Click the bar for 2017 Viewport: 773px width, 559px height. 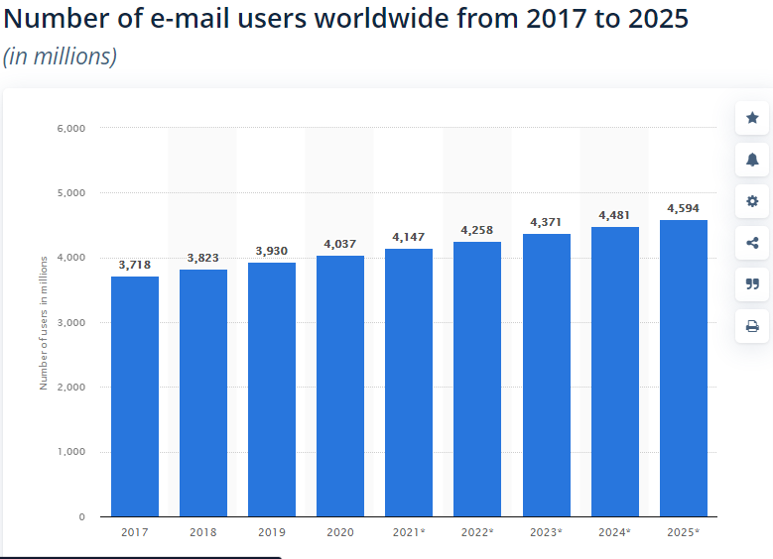tap(134, 396)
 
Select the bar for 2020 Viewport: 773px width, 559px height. tap(340, 387)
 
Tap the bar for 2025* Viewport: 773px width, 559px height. tap(684, 368)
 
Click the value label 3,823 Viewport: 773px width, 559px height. tap(202, 259)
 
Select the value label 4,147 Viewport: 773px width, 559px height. tap(409, 237)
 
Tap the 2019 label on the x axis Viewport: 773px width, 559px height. tap(271, 532)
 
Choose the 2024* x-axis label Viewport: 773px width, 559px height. tap(615, 532)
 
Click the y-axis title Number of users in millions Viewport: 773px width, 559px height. tap(44, 322)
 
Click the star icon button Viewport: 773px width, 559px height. tap(752, 118)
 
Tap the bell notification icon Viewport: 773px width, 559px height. tap(752, 160)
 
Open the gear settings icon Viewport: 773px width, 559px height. tap(752, 201)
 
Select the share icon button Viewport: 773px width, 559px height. tap(752, 243)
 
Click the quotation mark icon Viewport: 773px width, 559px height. tap(752, 284)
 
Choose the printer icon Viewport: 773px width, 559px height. tap(752, 326)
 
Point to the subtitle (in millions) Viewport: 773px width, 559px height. tap(60, 56)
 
